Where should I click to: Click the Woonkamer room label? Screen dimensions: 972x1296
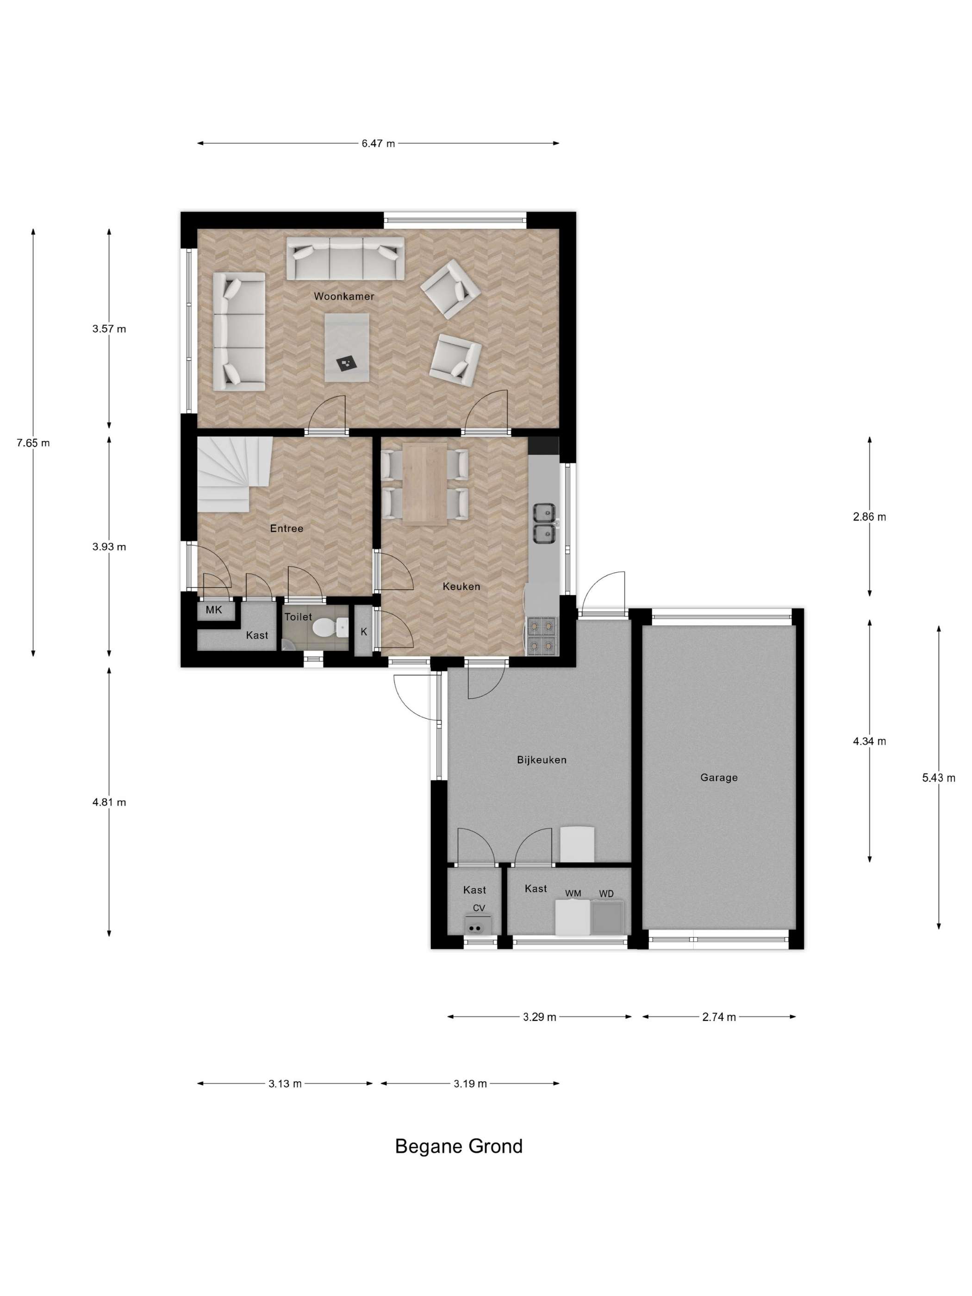tap(343, 297)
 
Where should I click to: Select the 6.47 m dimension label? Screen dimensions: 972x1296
tap(378, 143)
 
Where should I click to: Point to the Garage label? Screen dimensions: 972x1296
tap(719, 778)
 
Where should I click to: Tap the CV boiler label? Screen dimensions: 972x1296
tap(479, 908)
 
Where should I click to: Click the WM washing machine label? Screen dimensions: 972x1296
tap(573, 893)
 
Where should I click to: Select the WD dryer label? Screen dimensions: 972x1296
tap(606, 893)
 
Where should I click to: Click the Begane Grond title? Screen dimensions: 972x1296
tap(459, 1146)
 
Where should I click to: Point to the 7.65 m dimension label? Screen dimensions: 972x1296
tap(33, 443)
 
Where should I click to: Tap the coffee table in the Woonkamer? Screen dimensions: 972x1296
tap(347, 348)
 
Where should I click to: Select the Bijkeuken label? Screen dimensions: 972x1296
tap(542, 760)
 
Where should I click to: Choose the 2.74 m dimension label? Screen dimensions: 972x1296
tap(719, 1017)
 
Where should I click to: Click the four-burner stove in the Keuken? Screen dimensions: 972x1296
tap(542, 636)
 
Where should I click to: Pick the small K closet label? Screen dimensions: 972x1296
tap(364, 632)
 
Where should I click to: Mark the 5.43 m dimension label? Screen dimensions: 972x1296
tap(939, 778)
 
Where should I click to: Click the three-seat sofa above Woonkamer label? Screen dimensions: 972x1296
tap(346, 258)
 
